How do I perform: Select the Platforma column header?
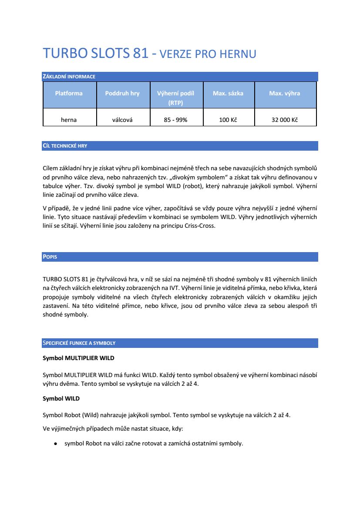click(x=69, y=93)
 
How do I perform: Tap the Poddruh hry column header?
click(x=122, y=93)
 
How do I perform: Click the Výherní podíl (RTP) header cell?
click(x=175, y=98)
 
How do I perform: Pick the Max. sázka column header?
click(x=228, y=93)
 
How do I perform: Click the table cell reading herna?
click(x=69, y=120)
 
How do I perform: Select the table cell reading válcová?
click(x=122, y=120)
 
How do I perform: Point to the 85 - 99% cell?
click(x=175, y=120)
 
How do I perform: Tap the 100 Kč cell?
click(x=228, y=120)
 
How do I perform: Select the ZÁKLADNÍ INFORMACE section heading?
click(x=69, y=77)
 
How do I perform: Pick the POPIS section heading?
click(x=50, y=257)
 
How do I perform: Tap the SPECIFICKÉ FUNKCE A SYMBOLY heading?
click(x=79, y=343)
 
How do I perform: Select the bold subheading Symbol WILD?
click(x=61, y=398)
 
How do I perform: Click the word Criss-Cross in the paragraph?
click(x=200, y=226)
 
